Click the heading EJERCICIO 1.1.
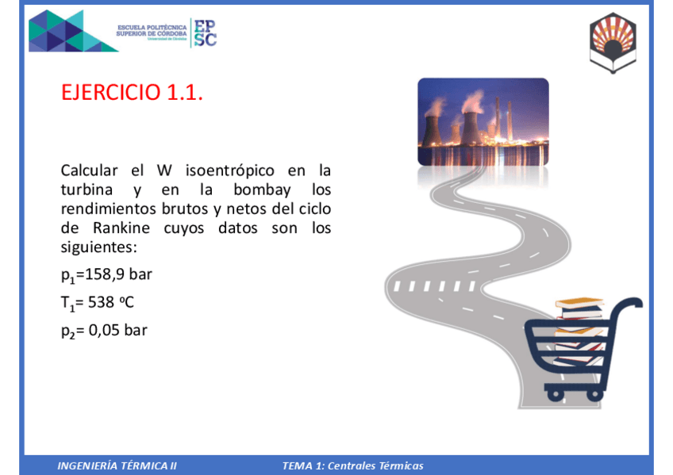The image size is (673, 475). [132, 93]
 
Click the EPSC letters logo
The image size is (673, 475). [205, 33]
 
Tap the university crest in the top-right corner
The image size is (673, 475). [612, 41]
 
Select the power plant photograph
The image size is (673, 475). [483, 121]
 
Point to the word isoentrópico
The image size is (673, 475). [230, 170]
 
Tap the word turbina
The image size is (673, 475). [88, 190]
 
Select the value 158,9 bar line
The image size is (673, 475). [106, 275]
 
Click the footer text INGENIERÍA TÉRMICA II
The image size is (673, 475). [117, 465]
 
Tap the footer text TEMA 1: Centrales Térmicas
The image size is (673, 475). [352, 465]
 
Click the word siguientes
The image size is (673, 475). [98, 247]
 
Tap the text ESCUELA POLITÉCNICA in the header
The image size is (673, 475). [152, 26]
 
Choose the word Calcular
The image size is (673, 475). [90, 170]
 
